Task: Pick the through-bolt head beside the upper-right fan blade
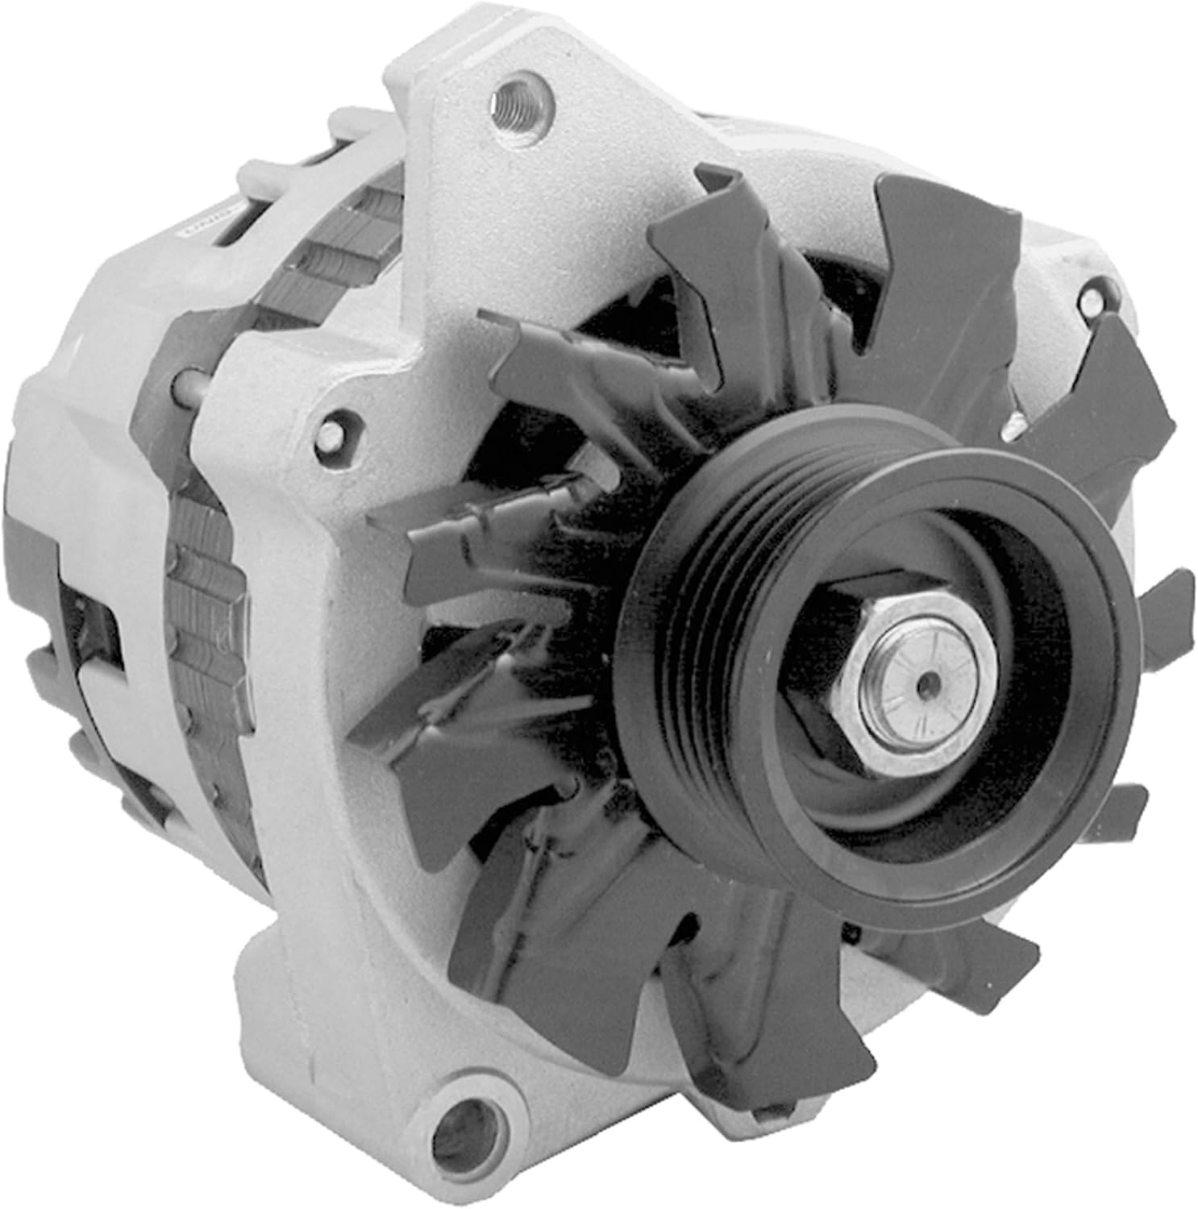coord(1017,426)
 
